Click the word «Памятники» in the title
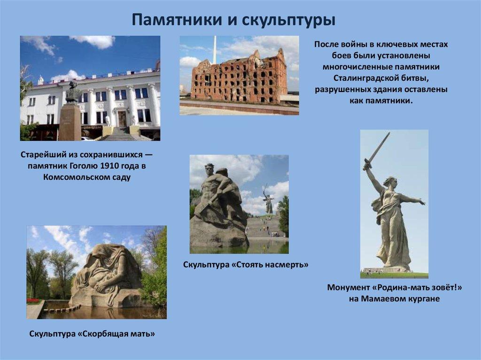(x=177, y=20)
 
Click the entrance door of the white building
(x=122, y=118)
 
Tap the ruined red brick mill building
(x=239, y=78)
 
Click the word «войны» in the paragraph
(x=354, y=45)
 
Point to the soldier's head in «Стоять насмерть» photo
(x=209, y=169)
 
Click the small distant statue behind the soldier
(x=268, y=199)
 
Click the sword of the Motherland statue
(x=377, y=150)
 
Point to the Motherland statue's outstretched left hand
(x=421, y=202)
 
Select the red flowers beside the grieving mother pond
(x=33, y=300)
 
